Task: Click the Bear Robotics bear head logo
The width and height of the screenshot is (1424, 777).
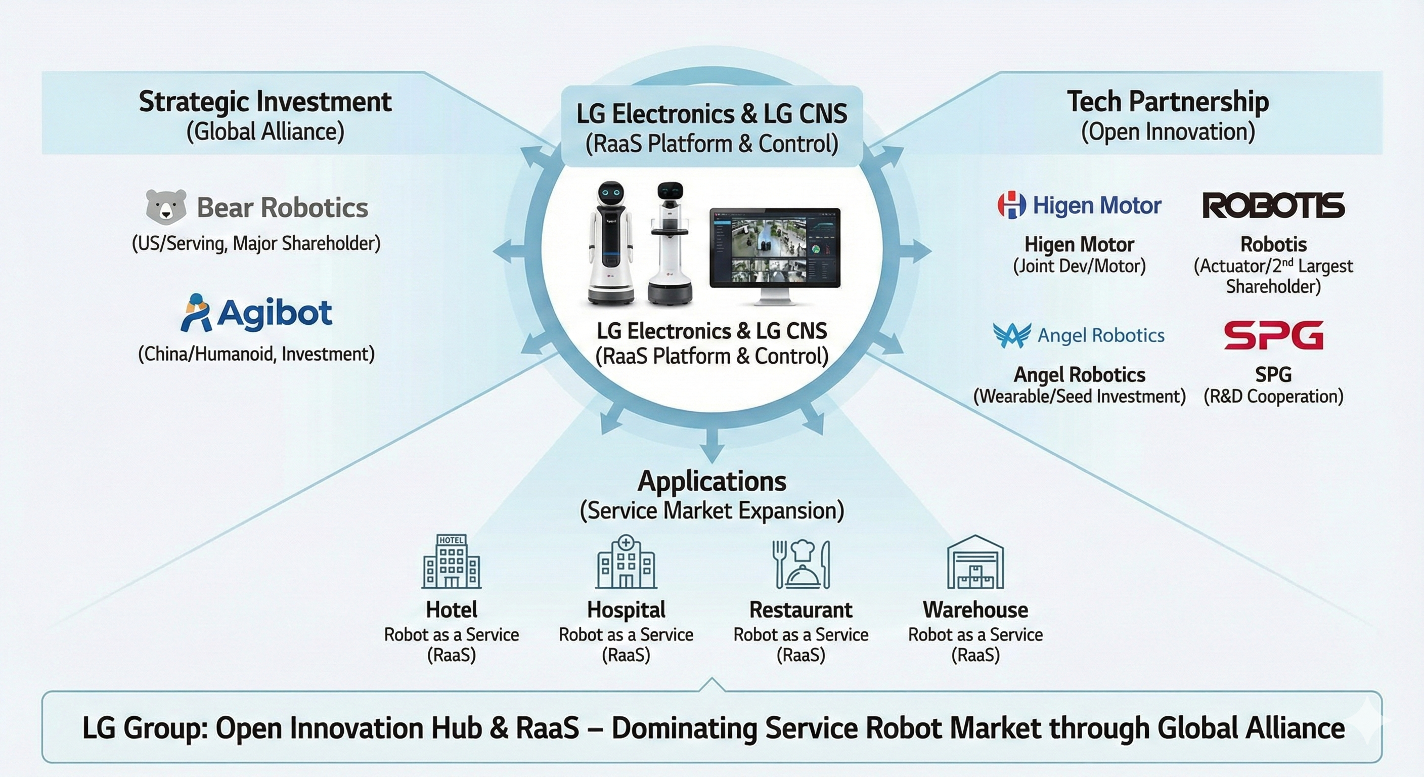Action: tap(166, 207)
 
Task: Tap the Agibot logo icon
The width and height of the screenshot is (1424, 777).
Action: tap(196, 313)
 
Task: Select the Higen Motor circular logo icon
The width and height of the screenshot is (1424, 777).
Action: tap(1011, 205)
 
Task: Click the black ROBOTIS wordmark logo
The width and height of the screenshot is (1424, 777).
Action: tap(1273, 206)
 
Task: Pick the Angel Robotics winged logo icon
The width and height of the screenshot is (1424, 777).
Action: tap(1011, 335)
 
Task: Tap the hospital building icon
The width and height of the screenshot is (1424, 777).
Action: tap(626, 562)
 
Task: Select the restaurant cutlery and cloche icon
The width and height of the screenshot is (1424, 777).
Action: tap(800, 564)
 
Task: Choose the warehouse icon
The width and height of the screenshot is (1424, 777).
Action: tap(975, 562)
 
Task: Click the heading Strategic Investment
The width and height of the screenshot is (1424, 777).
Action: tap(265, 102)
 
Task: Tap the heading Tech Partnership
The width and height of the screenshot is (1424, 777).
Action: tap(1168, 102)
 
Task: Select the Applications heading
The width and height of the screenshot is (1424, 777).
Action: tap(711, 481)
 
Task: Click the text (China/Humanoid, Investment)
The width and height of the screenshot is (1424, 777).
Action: tap(256, 354)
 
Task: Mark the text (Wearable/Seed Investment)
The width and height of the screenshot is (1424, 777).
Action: tap(1079, 397)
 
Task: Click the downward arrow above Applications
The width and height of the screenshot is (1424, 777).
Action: tap(712, 443)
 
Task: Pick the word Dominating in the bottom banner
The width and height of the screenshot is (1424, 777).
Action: tap(684, 728)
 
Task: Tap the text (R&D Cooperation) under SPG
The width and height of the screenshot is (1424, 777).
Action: tap(1273, 397)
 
